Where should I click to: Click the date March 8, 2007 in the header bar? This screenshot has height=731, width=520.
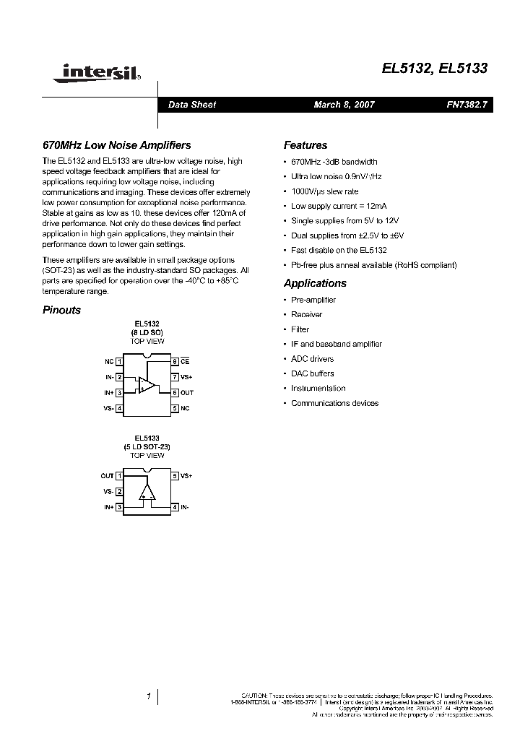(344, 105)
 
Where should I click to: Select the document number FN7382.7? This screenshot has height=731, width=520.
(467, 105)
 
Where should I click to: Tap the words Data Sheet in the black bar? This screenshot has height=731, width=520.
(192, 105)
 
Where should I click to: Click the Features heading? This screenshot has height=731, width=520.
(305, 145)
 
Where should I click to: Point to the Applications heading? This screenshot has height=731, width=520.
(315, 283)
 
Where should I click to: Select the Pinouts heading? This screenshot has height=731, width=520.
(61, 310)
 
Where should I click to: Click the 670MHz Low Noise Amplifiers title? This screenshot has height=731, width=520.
(117, 145)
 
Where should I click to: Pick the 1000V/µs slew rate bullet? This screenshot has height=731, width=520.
(324, 191)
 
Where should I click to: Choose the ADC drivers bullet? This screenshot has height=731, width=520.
(312, 359)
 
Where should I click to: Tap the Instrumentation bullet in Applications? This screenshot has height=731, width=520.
(318, 389)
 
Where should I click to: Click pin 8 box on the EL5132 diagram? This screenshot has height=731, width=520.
(174, 360)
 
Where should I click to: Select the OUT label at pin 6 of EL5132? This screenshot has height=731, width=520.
(187, 392)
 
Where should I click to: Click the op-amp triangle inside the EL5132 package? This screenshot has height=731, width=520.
(147, 384)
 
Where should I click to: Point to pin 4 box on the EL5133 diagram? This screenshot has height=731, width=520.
(174, 508)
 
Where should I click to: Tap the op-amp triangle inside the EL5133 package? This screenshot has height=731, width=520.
(147, 493)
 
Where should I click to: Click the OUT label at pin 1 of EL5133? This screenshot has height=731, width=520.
(107, 476)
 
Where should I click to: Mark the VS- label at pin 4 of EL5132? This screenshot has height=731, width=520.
(108, 409)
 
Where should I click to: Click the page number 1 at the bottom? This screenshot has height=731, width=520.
(147, 697)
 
